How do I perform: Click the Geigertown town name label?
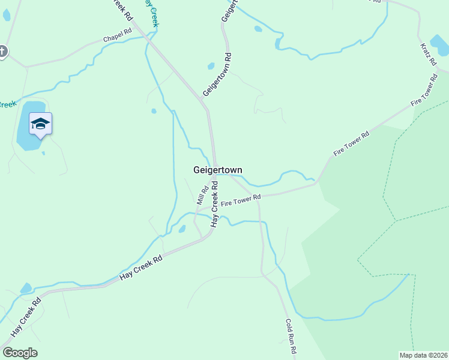tap(218, 170)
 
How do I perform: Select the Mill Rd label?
tap(202, 194)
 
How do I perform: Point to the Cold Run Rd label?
tap(292, 336)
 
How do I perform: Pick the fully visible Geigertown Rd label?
tap(217, 74)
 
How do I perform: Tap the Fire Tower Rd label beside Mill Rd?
tap(241, 200)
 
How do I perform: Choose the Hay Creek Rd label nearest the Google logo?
tap(25, 318)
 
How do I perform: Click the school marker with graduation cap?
tap(40, 124)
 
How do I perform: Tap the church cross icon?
tap(2, 52)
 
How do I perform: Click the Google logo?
tap(20, 353)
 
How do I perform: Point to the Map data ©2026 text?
tap(424, 355)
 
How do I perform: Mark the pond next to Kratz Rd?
tap(440, 46)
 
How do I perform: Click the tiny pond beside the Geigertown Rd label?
tap(211, 66)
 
